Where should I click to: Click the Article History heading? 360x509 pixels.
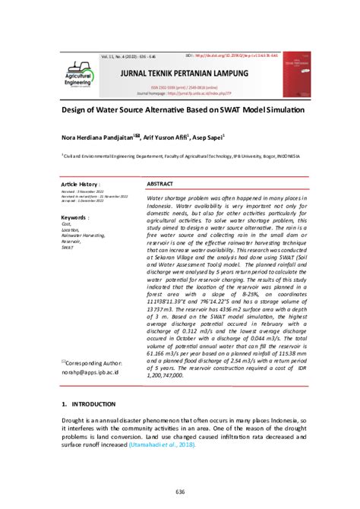[x=81, y=184]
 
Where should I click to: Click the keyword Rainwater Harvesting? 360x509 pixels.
[x=84, y=236]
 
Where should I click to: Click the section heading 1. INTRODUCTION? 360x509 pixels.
[x=89, y=404]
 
